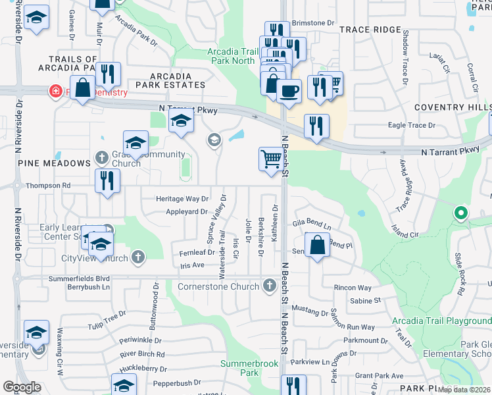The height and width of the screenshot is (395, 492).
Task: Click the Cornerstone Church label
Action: coord(219,286)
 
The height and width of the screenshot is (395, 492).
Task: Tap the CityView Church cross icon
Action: coord(138,256)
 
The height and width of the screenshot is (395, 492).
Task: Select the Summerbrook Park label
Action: coord(239,367)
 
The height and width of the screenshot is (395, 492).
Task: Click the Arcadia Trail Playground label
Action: coord(441,321)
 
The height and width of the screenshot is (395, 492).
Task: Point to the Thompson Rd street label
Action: coord(48,186)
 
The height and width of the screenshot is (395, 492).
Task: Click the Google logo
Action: coord(22,387)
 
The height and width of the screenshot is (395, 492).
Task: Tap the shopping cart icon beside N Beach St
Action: coord(271,159)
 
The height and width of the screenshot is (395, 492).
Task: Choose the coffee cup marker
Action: coord(289,90)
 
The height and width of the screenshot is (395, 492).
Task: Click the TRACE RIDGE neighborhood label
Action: coord(370,30)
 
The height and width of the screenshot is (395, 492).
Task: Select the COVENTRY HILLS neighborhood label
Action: coord(453,107)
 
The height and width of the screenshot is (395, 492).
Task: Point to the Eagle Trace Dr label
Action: coord(412,125)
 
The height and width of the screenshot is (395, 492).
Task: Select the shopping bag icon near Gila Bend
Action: coord(318,246)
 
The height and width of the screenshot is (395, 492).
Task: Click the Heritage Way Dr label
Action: coord(182,198)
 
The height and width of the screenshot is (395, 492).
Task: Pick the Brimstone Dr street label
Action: coord(312,23)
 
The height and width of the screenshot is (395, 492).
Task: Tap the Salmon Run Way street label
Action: coord(353,327)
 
